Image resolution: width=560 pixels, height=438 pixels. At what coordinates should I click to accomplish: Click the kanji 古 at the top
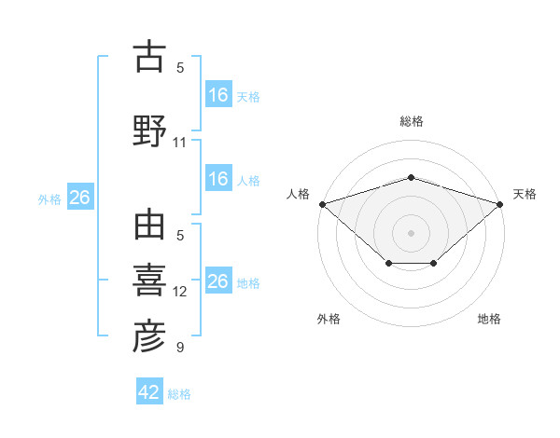pyautogui.click(x=149, y=57)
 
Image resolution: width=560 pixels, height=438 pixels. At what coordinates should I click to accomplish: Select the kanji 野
pyautogui.click(x=149, y=130)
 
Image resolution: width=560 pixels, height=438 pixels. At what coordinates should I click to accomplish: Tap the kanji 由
pyautogui.click(x=149, y=226)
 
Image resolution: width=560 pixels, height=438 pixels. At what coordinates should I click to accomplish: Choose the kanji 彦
pyautogui.click(x=149, y=337)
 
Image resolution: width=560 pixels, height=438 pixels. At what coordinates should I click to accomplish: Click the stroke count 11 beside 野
pyautogui.click(x=180, y=143)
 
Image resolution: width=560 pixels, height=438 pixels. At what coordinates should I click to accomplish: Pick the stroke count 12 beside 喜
pyautogui.click(x=180, y=292)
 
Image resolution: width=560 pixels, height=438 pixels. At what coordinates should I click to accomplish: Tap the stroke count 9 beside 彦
pyautogui.click(x=180, y=348)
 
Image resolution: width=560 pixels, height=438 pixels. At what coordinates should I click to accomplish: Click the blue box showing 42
pyautogui.click(x=149, y=392)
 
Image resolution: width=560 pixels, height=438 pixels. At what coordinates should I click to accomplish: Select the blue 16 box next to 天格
pyautogui.click(x=218, y=95)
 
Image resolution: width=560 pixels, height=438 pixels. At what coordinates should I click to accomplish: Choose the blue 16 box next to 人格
pyautogui.click(x=218, y=179)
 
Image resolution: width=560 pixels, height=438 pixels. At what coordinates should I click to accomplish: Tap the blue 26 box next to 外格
pyautogui.click(x=79, y=198)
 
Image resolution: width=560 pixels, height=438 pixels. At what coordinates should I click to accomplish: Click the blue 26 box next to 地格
pyautogui.click(x=218, y=281)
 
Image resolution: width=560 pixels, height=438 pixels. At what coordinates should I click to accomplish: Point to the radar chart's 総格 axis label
pyautogui.click(x=412, y=121)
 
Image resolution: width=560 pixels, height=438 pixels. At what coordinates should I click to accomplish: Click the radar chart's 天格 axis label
pyautogui.click(x=525, y=194)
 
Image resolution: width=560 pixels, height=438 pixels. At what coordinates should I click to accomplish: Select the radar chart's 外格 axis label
pyautogui.click(x=329, y=319)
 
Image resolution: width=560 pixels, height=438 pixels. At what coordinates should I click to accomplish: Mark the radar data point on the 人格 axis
pyautogui.click(x=322, y=203)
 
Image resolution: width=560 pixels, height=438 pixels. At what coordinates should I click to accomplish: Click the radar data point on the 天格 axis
pyautogui.click(x=500, y=203)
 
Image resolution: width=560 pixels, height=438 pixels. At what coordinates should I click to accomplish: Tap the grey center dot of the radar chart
pyautogui.click(x=411, y=232)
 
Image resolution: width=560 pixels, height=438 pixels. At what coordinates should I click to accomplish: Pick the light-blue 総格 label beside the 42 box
pyautogui.click(x=179, y=393)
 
